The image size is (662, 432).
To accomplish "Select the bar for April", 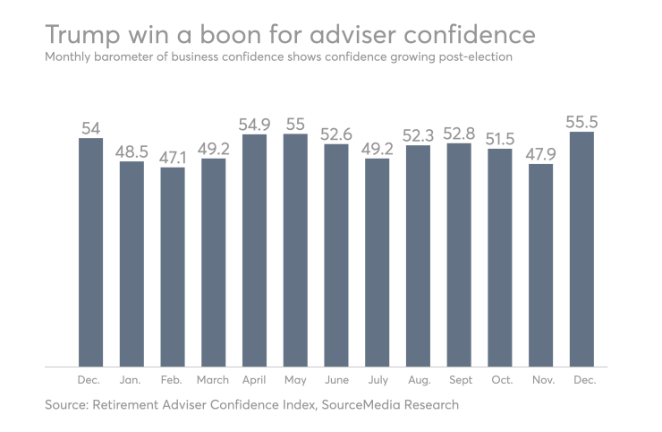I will pyautogui.click(x=254, y=251).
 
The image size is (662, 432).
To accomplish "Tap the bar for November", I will pyautogui.click(x=541, y=265).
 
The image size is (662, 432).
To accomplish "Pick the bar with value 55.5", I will pyautogui.click(x=581, y=249).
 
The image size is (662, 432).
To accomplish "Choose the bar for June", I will pyautogui.click(x=336, y=255).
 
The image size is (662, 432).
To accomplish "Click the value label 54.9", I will pyautogui.click(x=254, y=124).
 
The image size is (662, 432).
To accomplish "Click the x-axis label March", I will pyautogui.click(x=213, y=381).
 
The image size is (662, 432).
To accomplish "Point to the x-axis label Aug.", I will pyautogui.click(x=419, y=381).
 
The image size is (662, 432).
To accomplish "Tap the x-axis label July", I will pyautogui.click(x=378, y=381).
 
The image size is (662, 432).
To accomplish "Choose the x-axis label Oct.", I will pyautogui.click(x=501, y=381).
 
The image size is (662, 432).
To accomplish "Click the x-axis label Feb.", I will pyautogui.click(x=173, y=381).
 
